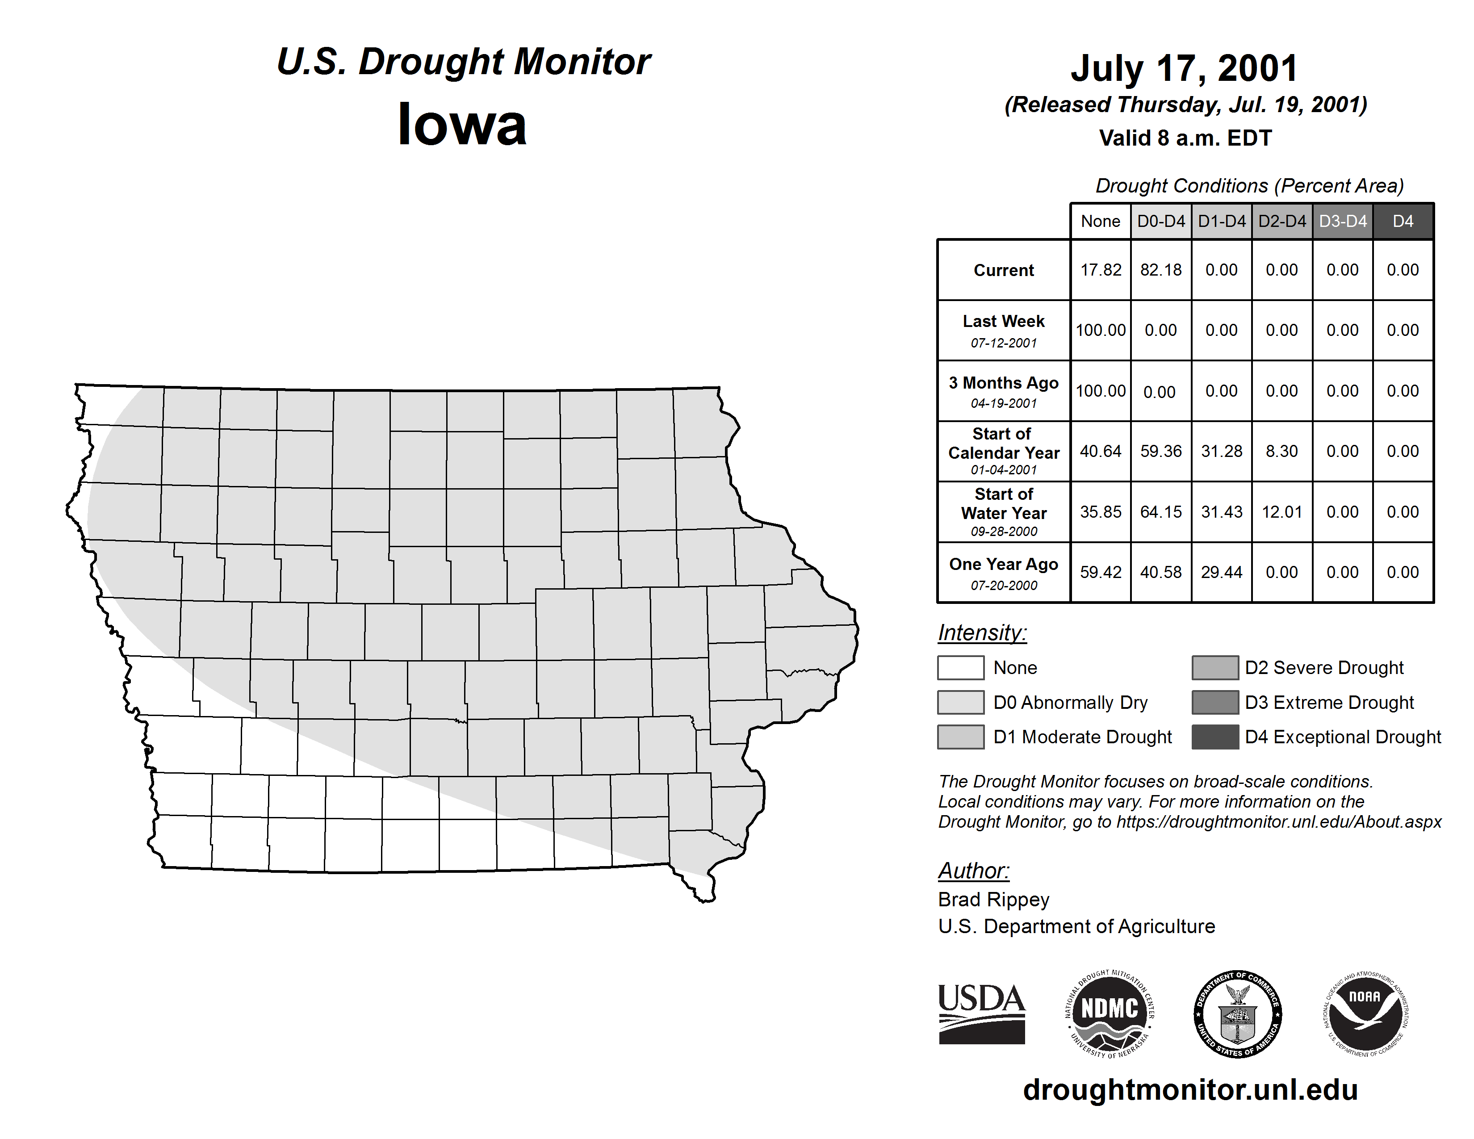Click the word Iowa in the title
pyautogui.click(x=462, y=125)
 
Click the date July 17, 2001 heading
pyautogui.click(x=1185, y=68)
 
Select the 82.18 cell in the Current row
pyautogui.click(x=1161, y=270)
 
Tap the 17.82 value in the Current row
pyautogui.click(x=1100, y=270)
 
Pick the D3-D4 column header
pyautogui.click(x=1342, y=221)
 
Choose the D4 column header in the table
pyautogui.click(x=1403, y=221)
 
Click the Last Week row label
pyautogui.click(x=1004, y=322)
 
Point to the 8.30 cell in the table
pyautogui.click(x=1281, y=452)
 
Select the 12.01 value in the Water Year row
pyautogui.click(x=1281, y=512)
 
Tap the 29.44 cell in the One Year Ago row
pyautogui.click(x=1222, y=572)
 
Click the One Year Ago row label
pyautogui.click(x=1004, y=564)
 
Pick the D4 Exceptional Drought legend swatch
pyautogui.click(x=1215, y=737)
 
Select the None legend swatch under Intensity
pyautogui.click(x=960, y=667)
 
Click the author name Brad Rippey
pyautogui.click(x=993, y=900)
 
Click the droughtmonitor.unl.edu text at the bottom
pyautogui.click(x=1190, y=1090)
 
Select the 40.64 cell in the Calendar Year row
pyautogui.click(x=1100, y=452)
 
